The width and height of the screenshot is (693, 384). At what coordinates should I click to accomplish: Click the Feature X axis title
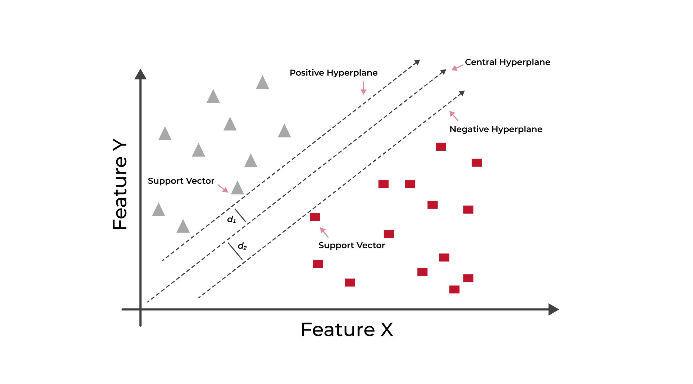[347, 330]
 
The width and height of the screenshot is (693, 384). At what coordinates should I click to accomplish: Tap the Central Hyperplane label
[508, 62]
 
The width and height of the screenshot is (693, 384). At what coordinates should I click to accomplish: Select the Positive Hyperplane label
[334, 73]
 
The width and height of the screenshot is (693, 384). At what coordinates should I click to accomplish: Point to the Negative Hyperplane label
[496, 129]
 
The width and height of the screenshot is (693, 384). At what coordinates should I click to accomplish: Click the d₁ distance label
[231, 219]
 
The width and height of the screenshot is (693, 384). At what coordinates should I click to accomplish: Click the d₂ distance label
[242, 246]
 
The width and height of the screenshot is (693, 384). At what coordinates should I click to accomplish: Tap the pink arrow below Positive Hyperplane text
[364, 88]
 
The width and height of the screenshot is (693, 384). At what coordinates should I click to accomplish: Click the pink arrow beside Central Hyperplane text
[457, 68]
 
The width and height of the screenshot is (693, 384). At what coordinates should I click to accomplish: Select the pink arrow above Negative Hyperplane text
[454, 116]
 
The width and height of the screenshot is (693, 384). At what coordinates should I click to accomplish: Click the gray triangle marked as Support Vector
[238, 188]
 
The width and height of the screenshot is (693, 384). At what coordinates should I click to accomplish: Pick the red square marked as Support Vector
[315, 217]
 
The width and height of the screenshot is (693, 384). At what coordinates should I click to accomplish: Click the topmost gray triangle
[263, 82]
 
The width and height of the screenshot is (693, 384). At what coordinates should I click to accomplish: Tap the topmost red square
[441, 147]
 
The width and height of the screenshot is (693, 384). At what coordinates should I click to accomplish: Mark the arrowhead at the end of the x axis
[554, 309]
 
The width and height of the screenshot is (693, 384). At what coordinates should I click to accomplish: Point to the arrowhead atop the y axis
[140, 74]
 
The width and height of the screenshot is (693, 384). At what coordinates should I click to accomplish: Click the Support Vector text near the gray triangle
[181, 181]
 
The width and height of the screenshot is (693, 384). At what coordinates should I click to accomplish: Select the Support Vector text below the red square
[352, 245]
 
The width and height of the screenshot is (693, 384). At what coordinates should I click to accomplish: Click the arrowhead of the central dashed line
[443, 72]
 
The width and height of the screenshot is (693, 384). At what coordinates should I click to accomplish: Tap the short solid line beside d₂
[235, 251]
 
